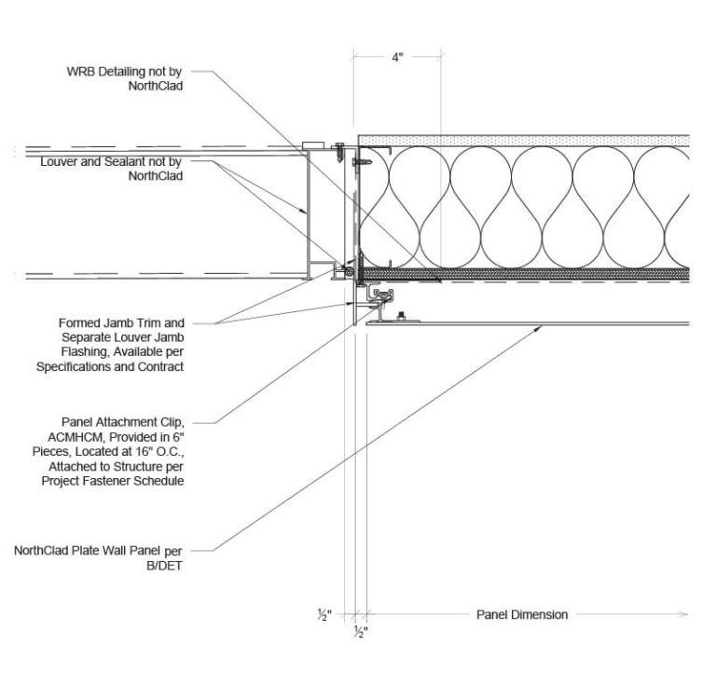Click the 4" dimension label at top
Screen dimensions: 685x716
click(x=397, y=58)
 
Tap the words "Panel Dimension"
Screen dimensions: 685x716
click(x=522, y=614)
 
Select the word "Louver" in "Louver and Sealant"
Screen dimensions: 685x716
click(x=60, y=161)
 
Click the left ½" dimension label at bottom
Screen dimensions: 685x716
click(x=324, y=614)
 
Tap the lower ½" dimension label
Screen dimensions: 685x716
click(x=361, y=632)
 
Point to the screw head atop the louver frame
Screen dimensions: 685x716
click(x=339, y=147)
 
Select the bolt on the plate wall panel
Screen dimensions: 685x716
click(x=400, y=318)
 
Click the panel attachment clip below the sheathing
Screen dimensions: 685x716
click(x=382, y=297)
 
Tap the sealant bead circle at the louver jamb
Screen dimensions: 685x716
click(x=349, y=272)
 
